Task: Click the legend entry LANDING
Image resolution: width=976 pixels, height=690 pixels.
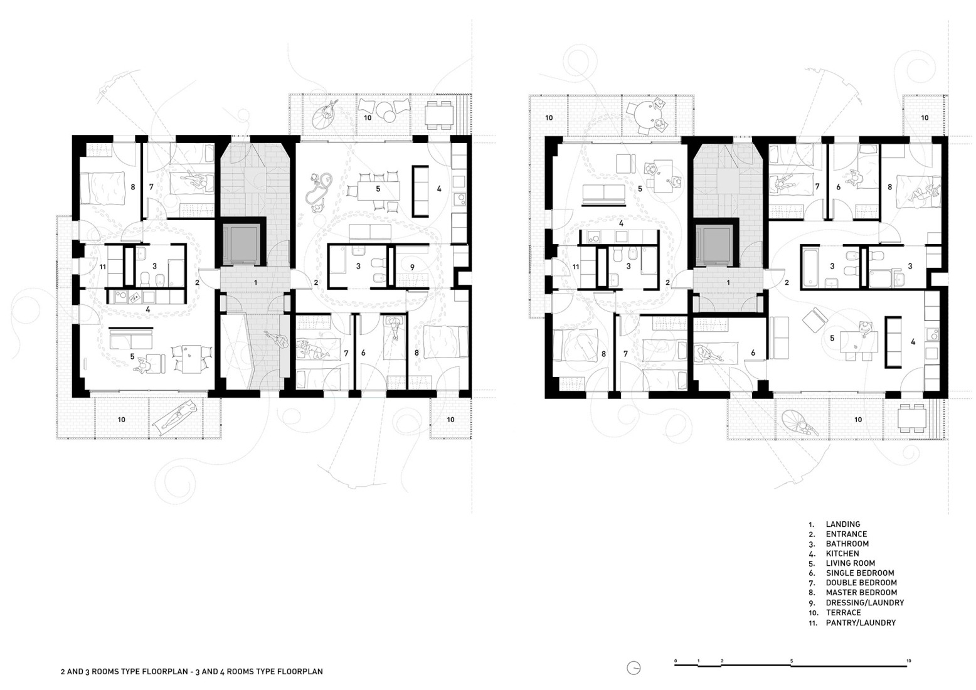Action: coord(842,524)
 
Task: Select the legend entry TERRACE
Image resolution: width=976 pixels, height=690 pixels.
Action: coord(843,612)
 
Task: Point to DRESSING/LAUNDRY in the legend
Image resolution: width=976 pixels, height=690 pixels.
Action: coord(864,602)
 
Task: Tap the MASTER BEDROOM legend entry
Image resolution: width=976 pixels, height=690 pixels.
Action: coord(861,592)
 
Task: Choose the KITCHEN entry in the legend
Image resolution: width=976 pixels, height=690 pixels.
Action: coord(842,553)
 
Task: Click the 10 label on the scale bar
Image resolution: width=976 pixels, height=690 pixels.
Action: coord(908,661)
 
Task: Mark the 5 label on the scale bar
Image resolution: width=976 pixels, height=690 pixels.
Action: coord(792,661)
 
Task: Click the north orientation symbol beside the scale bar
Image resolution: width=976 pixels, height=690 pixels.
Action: coord(635,668)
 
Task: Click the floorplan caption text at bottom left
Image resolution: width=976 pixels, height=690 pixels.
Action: coord(191,671)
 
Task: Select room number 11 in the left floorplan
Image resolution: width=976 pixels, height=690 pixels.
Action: coord(103,267)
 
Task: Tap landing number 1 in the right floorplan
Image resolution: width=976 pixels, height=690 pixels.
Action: coord(728,283)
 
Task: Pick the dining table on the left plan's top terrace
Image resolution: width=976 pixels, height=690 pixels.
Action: coord(439,115)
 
